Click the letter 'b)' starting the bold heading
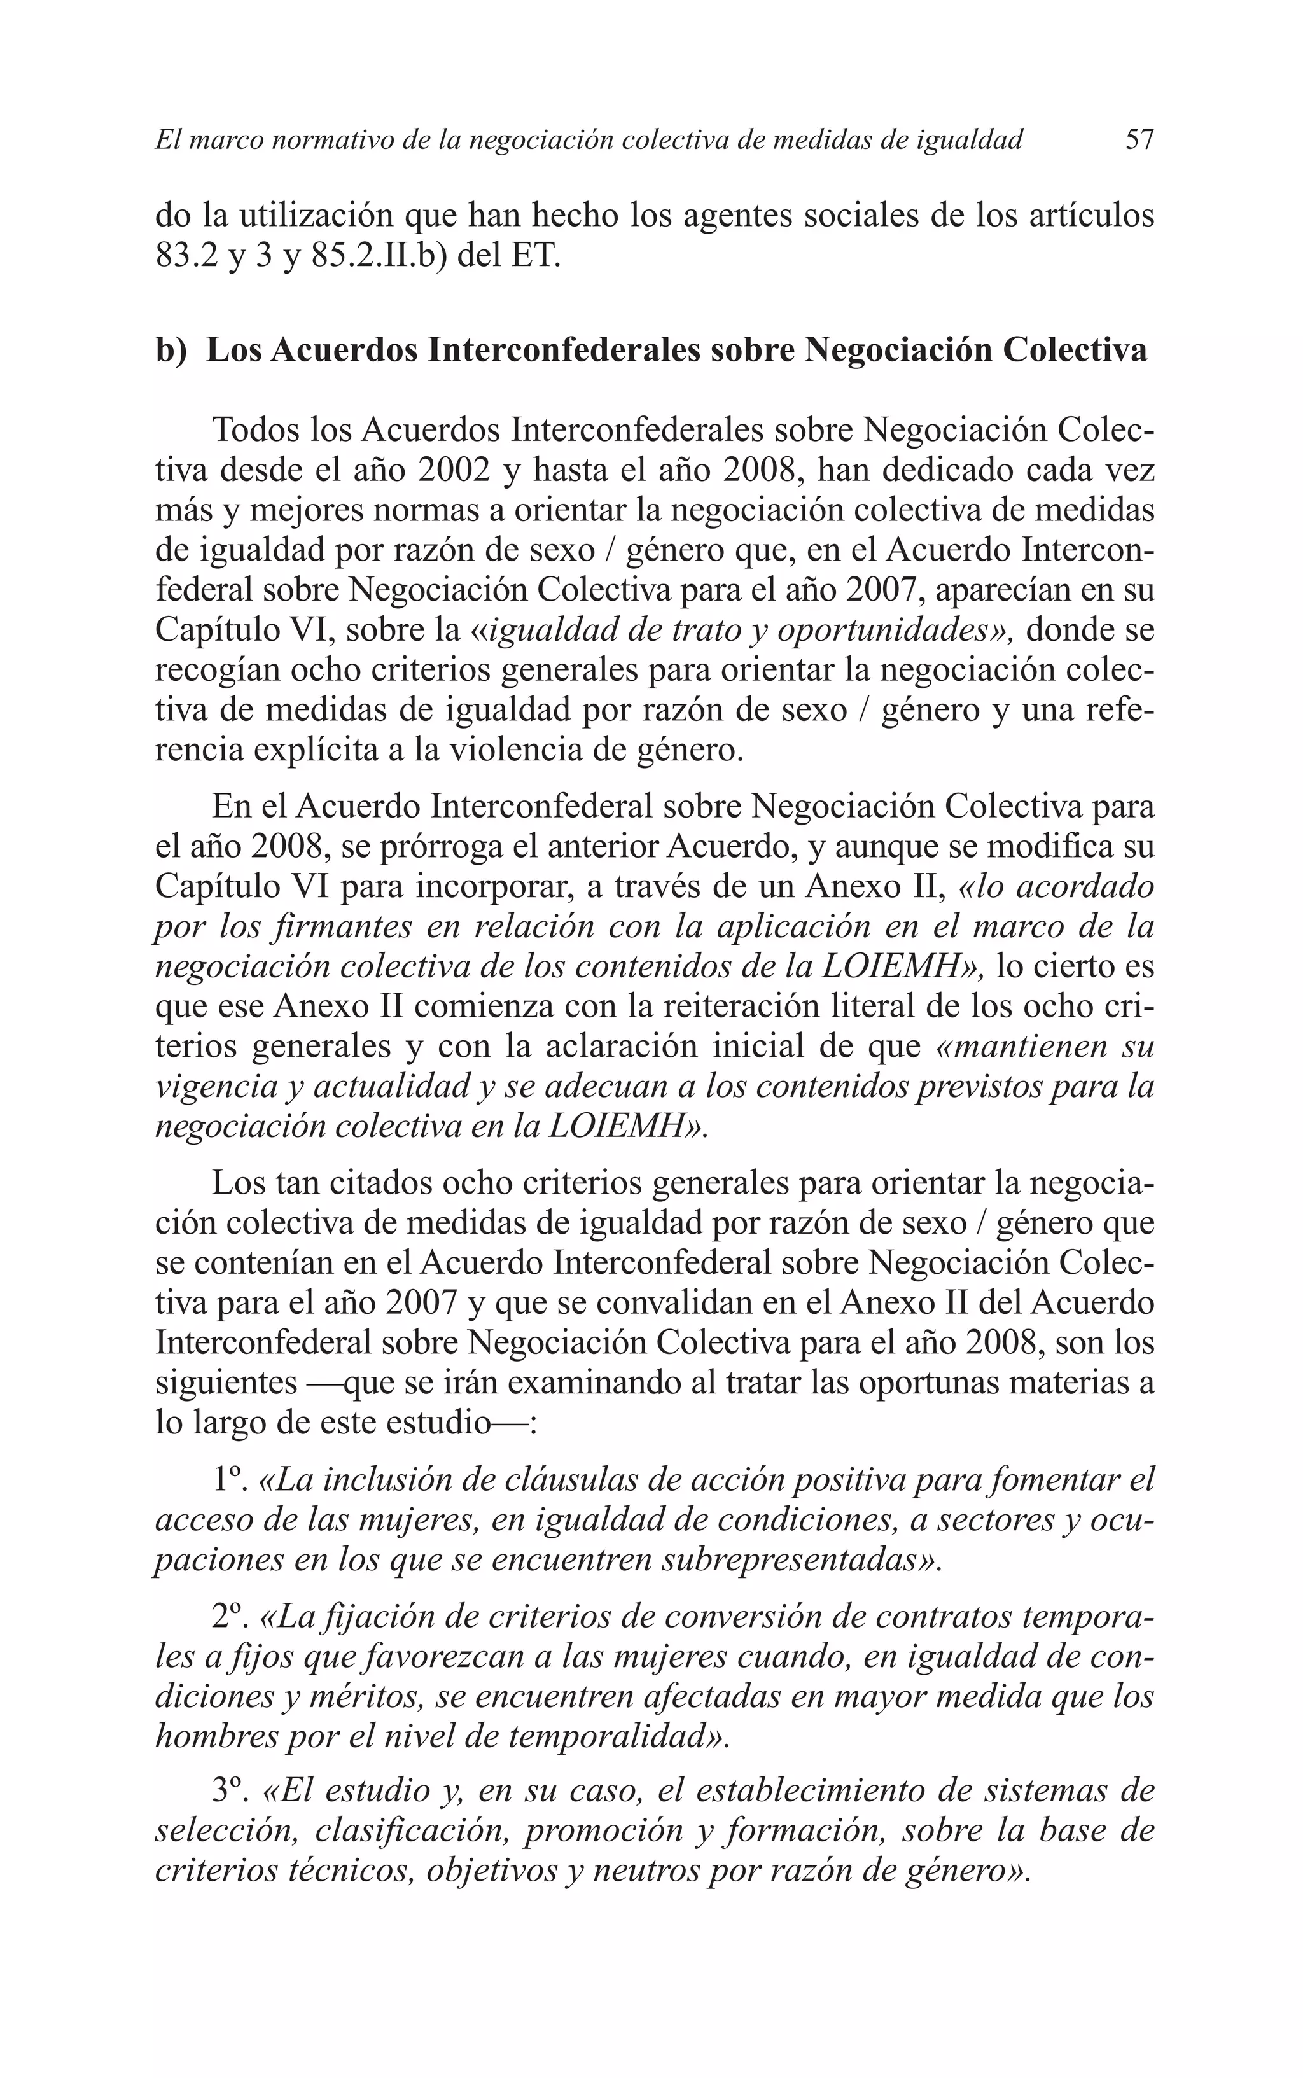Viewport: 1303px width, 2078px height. pyautogui.click(x=171, y=351)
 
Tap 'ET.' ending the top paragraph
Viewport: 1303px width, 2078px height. pyautogui.click(x=536, y=256)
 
